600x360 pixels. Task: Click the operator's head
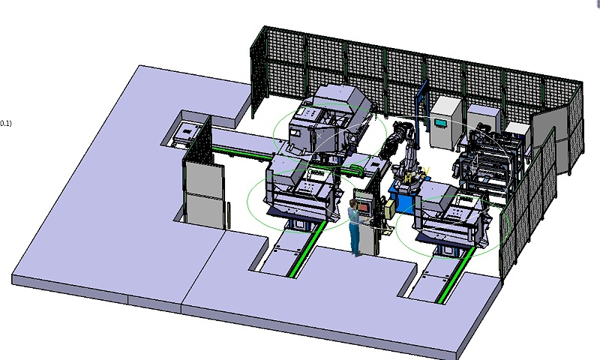click(352, 203)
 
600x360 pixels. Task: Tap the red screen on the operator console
click(364, 207)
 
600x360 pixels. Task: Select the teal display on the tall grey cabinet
click(440, 123)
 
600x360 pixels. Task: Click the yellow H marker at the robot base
click(408, 178)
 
